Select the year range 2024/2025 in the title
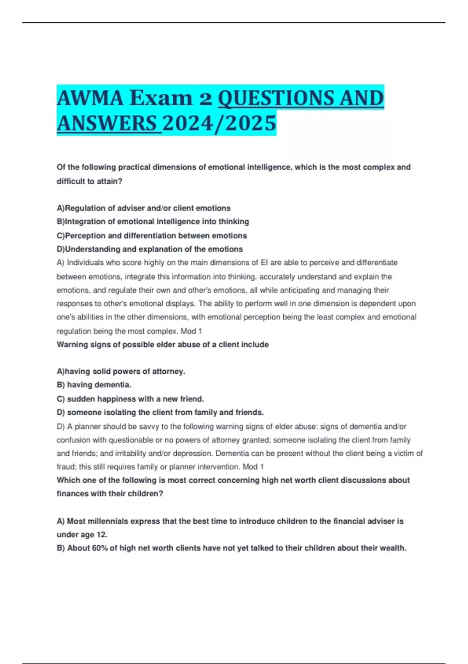click(x=219, y=123)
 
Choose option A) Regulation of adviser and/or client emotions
click(x=144, y=208)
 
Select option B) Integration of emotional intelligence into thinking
click(x=153, y=222)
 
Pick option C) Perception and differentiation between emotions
click(x=152, y=236)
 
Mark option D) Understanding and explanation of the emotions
click(x=150, y=249)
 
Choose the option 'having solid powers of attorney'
click(x=121, y=371)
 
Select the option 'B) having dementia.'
click(x=94, y=385)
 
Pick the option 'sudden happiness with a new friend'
click(x=130, y=399)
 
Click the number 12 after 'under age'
click(x=101, y=535)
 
